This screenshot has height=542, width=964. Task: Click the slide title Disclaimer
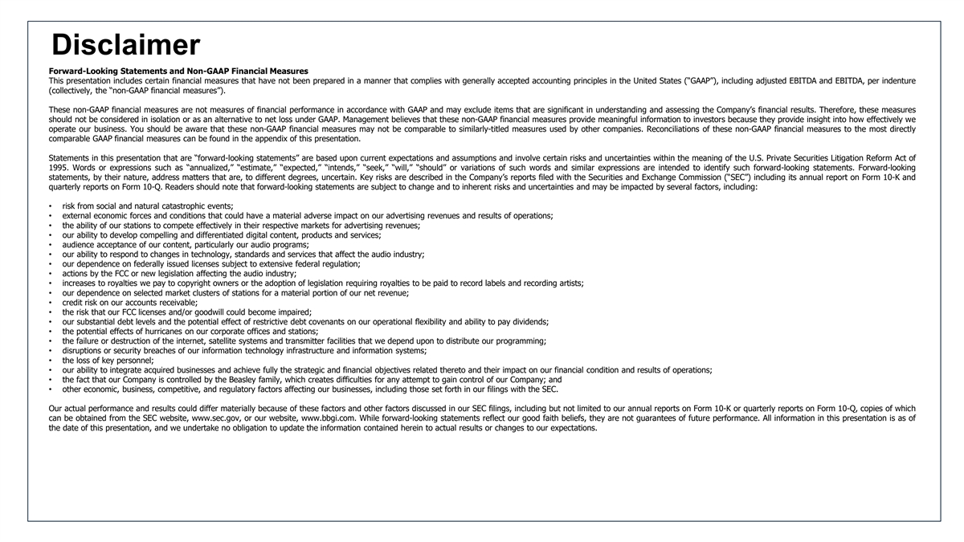[x=125, y=45]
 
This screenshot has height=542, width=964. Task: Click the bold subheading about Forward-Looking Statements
[x=178, y=71]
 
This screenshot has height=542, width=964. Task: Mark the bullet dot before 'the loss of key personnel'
[x=51, y=361]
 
